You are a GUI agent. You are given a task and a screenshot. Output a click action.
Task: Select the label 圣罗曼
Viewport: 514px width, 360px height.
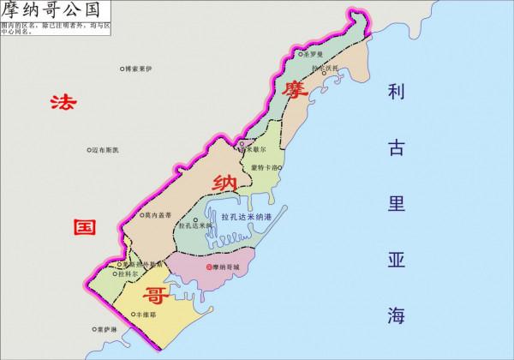[314, 53]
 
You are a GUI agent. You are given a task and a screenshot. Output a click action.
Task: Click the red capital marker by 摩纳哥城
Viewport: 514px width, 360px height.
[209, 267]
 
